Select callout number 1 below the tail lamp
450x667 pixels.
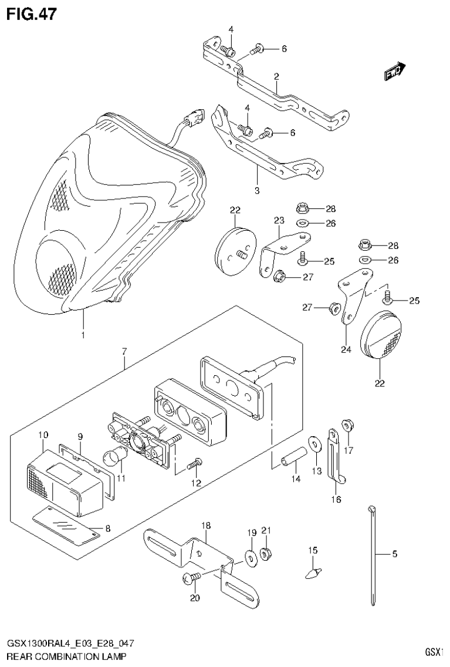(x=83, y=335)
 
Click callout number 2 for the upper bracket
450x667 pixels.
(x=275, y=76)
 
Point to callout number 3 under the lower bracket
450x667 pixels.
(x=256, y=191)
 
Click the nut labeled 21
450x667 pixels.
(x=264, y=552)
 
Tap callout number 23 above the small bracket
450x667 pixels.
(x=278, y=220)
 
